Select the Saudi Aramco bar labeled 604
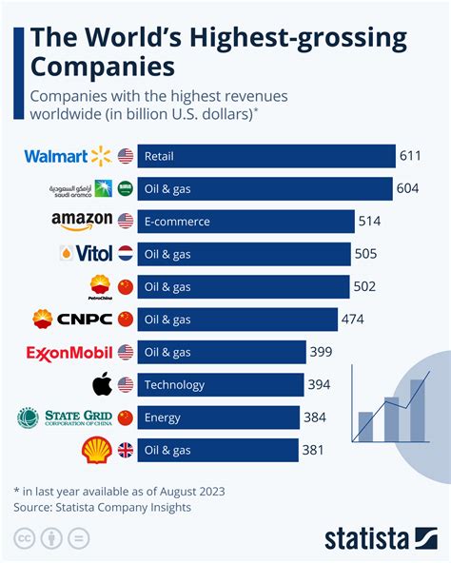[x=265, y=189]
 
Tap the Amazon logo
[x=81, y=222]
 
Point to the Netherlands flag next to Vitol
[x=125, y=255]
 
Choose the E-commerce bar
[x=248, y=222]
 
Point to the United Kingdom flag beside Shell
[x=125, y=450]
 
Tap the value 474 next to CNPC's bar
[x=352, y=320]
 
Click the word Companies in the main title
[x=102, y=67]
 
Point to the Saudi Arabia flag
[x=125, y=189]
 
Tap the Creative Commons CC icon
[x=24, y=539]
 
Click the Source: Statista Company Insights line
[x=102, y=507]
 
